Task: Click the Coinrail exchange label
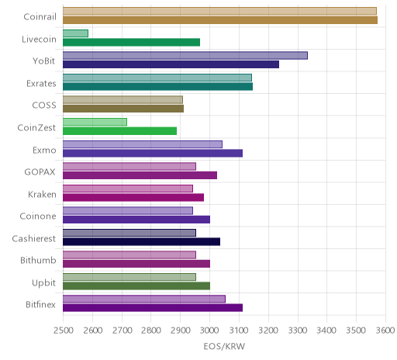click(x=40, y=17)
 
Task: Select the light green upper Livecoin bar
click(x=75, y=33)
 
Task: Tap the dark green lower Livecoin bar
click(x=131, y=42)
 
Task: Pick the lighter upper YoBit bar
click(x=185, y=56)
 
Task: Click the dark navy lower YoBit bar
click(x=171, y=64)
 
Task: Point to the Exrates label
click(x=41, y=84)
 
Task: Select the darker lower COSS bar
click(x=123, y=109)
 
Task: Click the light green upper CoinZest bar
click(x=95, y=122)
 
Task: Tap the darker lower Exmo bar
click(x=153, y=153)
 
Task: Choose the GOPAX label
click(x=40, y=172)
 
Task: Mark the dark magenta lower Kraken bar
click(x=133, y=197)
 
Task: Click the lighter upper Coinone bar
click(x=128, y=211)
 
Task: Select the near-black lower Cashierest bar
click(x=141, y=242)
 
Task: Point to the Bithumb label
click(x=38, y=260)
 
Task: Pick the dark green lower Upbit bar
click(x=136, y=286)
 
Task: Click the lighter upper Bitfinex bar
click(x=144, y=299)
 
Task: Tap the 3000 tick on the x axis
click(x=209, y=331)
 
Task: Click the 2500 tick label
click(x=64, y=331)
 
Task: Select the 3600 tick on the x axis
click(x=385, y=331)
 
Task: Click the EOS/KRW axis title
click(x=224, y=346)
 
